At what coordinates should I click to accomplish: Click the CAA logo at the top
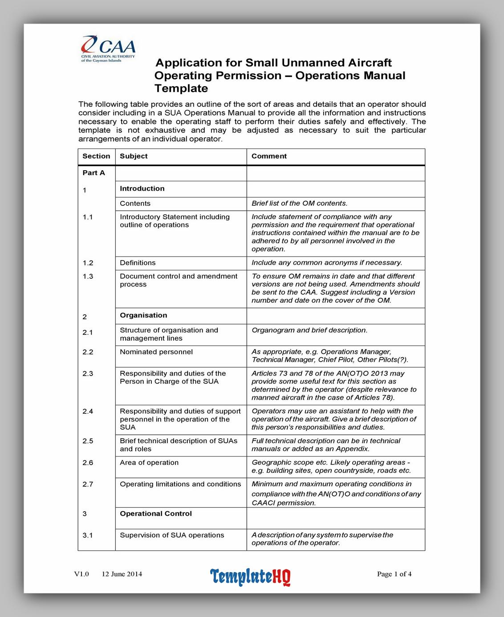tap(108, 48)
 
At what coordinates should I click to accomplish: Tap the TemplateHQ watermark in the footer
tap(250, 577)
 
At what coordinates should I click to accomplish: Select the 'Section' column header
tap(96, 156)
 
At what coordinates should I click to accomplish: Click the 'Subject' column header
tap(134, 156)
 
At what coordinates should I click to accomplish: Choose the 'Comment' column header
tap(269, 156)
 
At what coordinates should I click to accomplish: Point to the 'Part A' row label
tap(93, 173)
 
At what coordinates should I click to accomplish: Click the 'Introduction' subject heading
tap(142, 188)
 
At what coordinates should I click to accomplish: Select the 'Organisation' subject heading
tap(143, 315)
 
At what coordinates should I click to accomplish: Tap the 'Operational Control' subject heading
tap(156, 513)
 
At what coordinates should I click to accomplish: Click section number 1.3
tap(88, 276)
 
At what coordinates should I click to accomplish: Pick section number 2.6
tap(88, 463)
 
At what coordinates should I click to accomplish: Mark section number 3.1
tap(88, 535)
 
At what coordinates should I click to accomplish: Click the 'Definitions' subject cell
tap(138, 263)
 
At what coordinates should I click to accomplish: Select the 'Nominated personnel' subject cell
tap(156, 352)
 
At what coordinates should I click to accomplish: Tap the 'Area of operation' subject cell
tap(149, 463)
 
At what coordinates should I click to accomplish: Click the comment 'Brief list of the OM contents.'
tap(299, 204)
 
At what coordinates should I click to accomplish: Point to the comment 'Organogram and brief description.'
tap(309, 330)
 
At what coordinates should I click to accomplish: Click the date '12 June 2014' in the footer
tap(122, 574)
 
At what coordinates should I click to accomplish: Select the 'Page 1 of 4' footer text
tap(394, 574)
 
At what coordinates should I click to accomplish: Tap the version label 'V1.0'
tap(81, 574)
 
